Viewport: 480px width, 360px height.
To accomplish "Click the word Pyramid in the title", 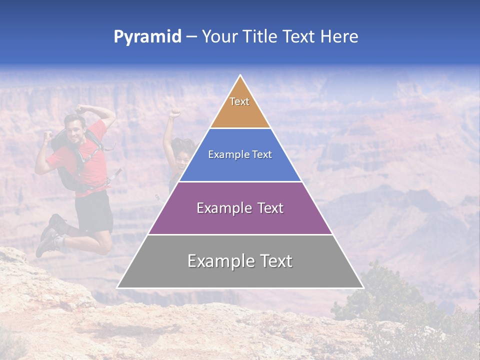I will [147, 37].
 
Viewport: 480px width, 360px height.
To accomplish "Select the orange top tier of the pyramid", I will [240, 112].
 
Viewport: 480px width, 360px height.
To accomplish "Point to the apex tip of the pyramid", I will [240, 76].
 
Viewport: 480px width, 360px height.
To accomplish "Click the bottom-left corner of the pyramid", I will [118, 287].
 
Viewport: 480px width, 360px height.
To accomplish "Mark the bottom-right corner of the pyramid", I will [362, 287].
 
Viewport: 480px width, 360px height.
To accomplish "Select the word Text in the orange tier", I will [239, 101].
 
